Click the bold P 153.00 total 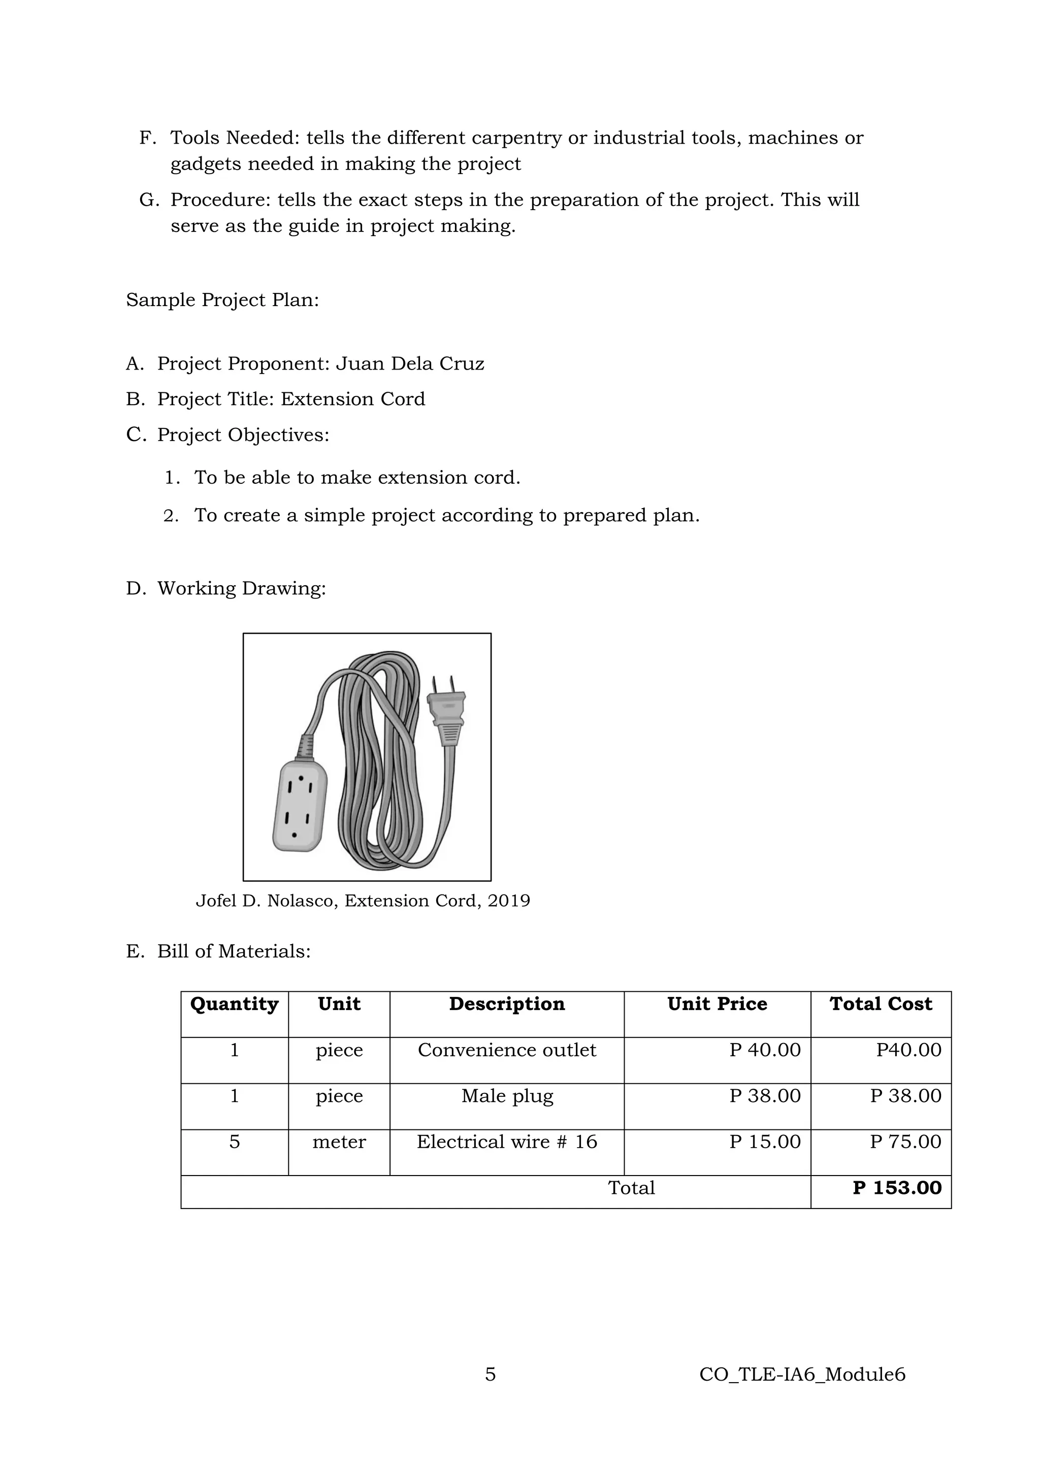(x=897, y=1188)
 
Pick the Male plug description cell (x=507, y=1095)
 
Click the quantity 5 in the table (x=235, y=1142)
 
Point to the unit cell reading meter (x=339, y=1142)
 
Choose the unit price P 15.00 (x=765, y=1142)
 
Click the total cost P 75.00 (x=905, y=1142)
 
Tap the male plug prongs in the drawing (x=443, y=684)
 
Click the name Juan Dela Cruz (x=410, y=363)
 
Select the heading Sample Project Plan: (x=222, y=299)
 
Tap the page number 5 (x=490, y=1374)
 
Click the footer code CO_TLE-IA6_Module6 (x=802, y=1374)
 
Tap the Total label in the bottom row (x=631, y=1188)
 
